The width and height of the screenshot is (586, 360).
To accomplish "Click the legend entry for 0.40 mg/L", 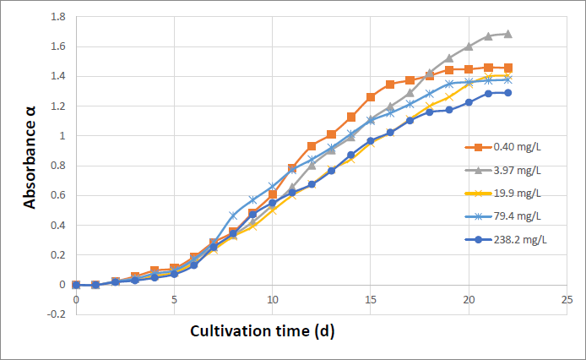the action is click(503, 147).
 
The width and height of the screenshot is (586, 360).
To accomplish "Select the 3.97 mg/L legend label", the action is click(503, 170).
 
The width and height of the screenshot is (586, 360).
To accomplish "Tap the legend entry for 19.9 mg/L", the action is click(503, 194).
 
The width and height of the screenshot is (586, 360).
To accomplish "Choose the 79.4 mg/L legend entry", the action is click(503, 216).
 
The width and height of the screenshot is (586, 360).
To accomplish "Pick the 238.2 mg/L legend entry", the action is click(506, 239).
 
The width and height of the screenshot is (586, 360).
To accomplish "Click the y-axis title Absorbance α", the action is click(30, 157).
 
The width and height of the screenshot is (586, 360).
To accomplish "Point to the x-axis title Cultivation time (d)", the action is click(263, 331).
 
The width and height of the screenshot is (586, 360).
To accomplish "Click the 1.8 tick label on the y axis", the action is click(58, 17).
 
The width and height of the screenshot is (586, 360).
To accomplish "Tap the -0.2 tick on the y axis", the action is click(56, 314).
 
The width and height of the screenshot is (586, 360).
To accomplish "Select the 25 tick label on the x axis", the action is click(567, 300).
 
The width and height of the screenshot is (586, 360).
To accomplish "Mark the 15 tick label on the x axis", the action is click(371, 300).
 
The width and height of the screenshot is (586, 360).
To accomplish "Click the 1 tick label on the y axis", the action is click(62, 136).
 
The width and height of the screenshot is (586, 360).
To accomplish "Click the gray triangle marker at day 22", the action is click(507, 34).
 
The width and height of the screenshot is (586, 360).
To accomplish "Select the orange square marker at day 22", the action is click(507, 68).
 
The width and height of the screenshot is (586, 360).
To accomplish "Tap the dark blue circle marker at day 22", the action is click(507, 93).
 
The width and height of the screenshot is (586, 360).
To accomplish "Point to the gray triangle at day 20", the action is click(469, 46).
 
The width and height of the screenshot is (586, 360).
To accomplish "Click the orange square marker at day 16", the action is click(390, 85).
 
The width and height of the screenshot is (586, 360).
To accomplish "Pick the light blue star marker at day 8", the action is click(233, 215).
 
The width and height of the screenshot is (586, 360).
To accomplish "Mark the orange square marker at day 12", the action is click(312, 146).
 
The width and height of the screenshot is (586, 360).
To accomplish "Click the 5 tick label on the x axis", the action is click(174, 300).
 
